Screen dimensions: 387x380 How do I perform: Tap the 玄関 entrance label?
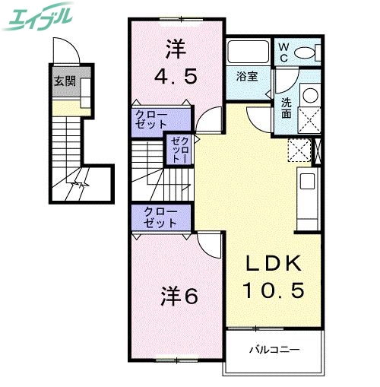(62, 82)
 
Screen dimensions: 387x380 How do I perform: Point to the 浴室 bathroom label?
(247, 76)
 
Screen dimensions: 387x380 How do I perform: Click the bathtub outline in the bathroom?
(248, 53)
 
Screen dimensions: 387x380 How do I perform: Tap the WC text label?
(283, 52)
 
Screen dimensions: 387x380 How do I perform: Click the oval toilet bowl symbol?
(306, 52)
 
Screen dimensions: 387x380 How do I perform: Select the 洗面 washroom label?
(287, 107)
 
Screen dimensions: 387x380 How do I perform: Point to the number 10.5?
(274, 290)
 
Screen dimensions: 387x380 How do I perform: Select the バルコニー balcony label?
(274, 350)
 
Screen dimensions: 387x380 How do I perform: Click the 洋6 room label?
(179, 296)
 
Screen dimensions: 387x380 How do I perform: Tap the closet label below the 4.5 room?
(151, 119)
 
